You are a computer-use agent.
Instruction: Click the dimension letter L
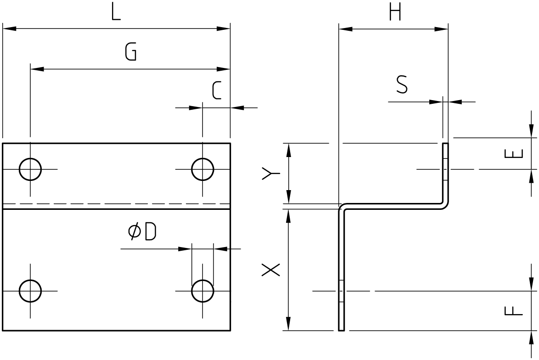point(116,13)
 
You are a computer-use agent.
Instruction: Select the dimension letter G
point(131,52)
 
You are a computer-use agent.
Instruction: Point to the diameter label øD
point(142,231)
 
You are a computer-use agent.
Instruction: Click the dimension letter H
point(395,13)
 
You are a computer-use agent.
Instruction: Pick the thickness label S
point(402,85)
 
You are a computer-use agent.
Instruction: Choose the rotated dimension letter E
point(514,153)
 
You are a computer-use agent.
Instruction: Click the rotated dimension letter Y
point(271,174)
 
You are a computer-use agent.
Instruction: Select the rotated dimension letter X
point(271,270)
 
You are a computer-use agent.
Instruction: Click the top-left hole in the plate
point(30,169)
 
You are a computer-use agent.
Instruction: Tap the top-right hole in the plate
point(202,169)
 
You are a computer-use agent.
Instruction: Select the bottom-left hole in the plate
point(30,291)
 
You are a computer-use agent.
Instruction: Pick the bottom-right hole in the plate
point(202,291)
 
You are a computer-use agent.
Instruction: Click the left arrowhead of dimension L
point(9,28)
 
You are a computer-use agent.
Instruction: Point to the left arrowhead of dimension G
point(37,69)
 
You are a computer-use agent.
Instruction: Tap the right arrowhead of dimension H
point(441,29)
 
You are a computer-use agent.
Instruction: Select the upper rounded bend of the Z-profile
point(445,206)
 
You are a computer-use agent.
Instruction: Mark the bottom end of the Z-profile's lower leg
point(341,330)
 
